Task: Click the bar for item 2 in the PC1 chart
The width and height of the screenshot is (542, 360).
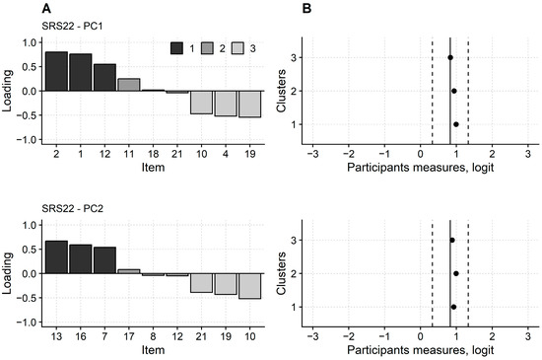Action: [x=56, y=71]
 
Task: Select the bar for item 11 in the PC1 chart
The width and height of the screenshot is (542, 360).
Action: [x=128, y=85]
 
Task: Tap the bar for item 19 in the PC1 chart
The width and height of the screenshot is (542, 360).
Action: [x=248, y=104]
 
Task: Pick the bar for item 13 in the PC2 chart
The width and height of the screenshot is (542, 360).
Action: [x=56, y=255]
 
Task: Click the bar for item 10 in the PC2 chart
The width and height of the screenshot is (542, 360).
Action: [x=248, y=285]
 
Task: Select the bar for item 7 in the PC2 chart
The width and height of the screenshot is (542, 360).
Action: [x=104, y=260]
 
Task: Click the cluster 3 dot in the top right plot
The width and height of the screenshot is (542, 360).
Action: [x=450, y=57]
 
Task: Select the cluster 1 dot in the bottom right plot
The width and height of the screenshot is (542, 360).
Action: [x=453, y=307]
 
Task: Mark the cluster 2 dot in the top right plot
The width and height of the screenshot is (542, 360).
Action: [x=453, y=91]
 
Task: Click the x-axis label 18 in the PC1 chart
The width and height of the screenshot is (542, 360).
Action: [x=153, y=154]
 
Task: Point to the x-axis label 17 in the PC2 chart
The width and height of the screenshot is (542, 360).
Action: [x=128, y=337]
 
